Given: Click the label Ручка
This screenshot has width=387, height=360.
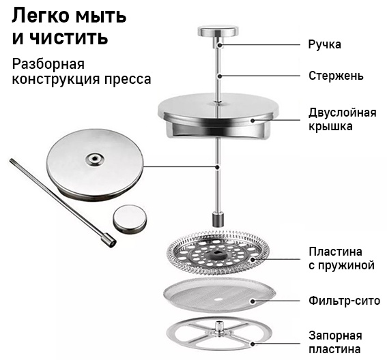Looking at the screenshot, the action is click(x=325, y=45).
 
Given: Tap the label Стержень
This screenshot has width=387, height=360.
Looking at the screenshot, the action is click(x=336, y=76).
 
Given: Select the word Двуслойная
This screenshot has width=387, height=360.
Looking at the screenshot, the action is click(x=343, y=113).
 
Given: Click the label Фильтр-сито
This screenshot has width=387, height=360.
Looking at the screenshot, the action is click(x=344, y=301).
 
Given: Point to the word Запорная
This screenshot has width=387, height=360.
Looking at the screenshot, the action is click(x=335, y=336).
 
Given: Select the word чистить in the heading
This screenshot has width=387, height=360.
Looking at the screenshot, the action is click(x=69, y=37).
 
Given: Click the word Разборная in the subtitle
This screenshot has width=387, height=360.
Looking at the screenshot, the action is click(x=48, y=65).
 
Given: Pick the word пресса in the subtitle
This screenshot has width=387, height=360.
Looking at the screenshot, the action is click(x=128, y=80).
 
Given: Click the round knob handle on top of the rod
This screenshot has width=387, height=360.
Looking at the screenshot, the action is click(x=218, y=31).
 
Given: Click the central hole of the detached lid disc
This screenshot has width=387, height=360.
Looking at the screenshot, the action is click(x=94, y=160).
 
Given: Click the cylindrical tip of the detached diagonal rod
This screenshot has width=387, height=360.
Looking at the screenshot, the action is click(x=109, y=240).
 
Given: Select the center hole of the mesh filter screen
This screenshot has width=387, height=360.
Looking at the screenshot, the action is click(x=218, y=299).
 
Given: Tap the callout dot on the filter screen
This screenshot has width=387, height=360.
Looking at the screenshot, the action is click(x=253, y=301).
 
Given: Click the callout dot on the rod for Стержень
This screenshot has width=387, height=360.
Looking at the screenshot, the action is click(x=218, y=76).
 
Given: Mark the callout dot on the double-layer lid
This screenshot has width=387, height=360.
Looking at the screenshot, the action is click(x=253, y=120).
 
